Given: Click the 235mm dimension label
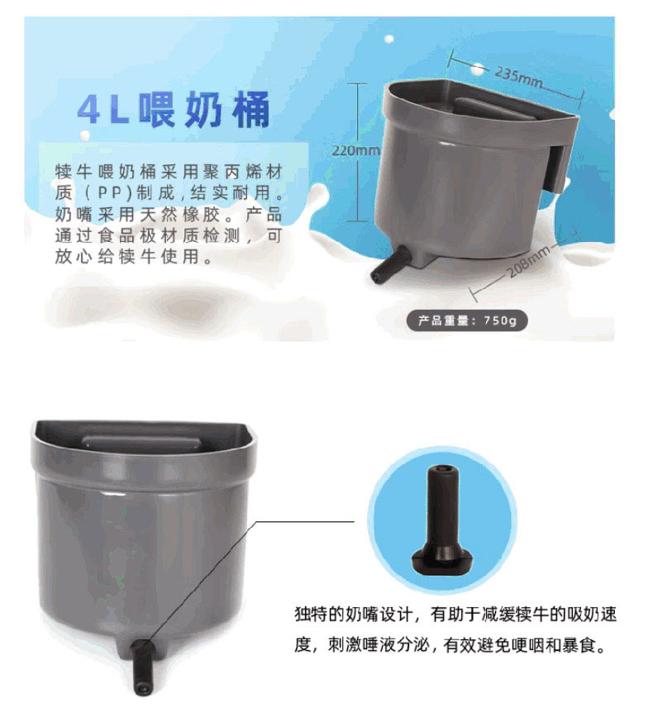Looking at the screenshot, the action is [517, 77].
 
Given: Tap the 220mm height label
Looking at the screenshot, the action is [355, 150].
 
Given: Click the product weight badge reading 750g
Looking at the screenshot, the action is [467, 320].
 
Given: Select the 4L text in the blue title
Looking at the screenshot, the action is [103, 110].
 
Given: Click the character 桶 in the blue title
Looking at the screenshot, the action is [251, 110].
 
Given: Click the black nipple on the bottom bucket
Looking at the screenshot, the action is [140, 667].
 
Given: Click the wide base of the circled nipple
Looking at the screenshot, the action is [441, 558].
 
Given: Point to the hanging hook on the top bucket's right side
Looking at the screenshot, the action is [555, 168].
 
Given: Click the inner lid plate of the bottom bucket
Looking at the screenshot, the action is [141, 444].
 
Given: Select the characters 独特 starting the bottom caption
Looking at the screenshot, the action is [312, 614].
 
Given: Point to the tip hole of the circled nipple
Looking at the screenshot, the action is [441, 468].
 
